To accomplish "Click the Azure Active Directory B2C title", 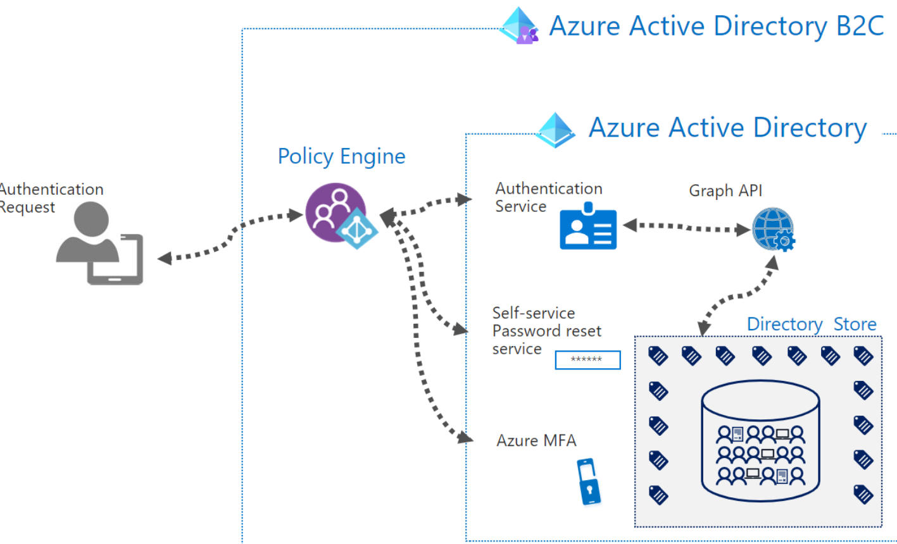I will click(716, 27).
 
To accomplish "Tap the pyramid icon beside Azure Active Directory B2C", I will click(519, 27).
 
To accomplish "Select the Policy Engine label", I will click(341, 156).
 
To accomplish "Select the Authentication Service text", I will click(548, 197).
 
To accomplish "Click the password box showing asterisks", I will click(587, 360).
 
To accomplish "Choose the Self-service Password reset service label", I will click(546, 331).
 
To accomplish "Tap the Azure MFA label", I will click(536, 440).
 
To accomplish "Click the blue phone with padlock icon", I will click(588, 481).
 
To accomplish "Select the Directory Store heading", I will click(811, 325).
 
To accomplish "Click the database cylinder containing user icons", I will click(760, 446).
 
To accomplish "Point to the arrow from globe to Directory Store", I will click(737, 295).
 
